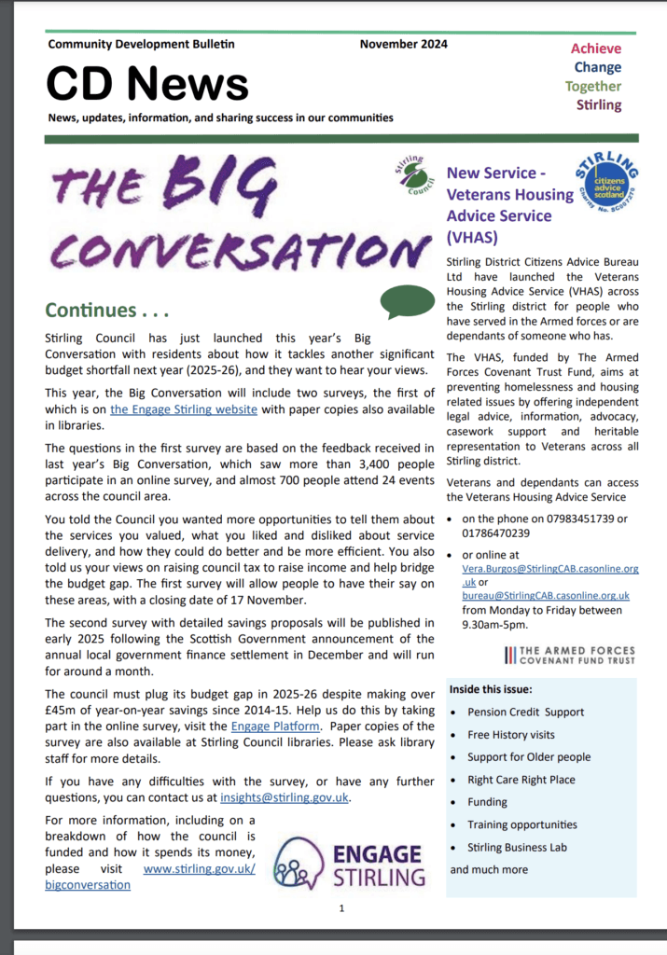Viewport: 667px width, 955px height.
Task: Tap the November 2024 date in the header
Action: point(403,44)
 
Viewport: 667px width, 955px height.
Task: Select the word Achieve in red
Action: point(595,48)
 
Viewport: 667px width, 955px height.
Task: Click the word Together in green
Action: point(592,86)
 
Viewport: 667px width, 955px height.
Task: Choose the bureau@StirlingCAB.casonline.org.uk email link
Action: point(546,594)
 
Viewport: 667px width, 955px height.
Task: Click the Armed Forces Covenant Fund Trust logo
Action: point(569,655)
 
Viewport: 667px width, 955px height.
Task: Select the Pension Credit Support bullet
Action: point(525,712)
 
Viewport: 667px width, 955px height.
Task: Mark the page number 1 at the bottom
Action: point(341,907)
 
